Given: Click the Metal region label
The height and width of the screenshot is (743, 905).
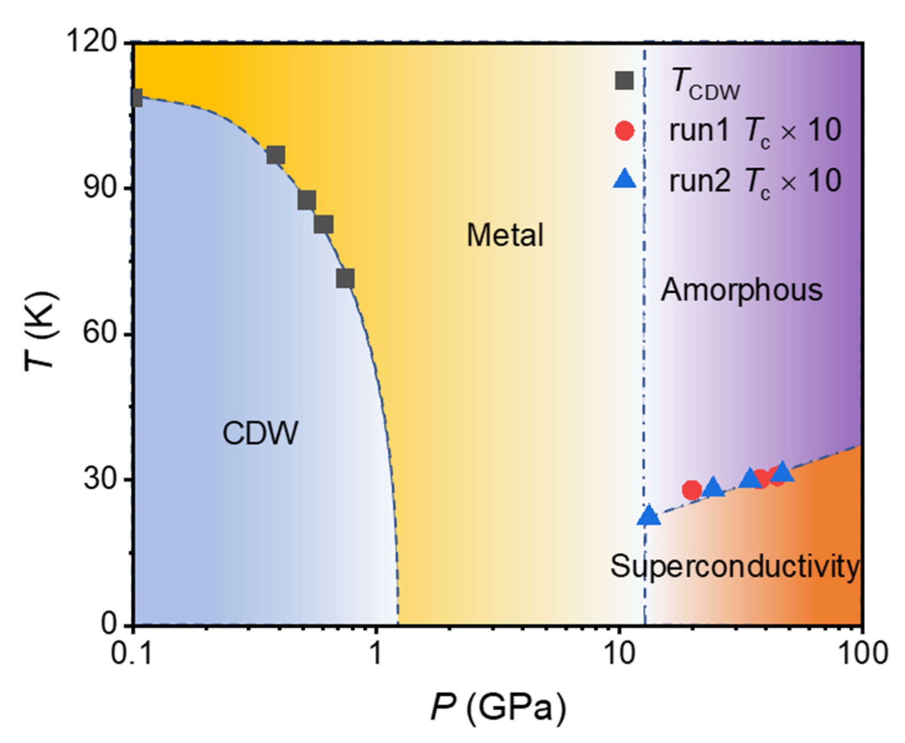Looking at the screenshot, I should (505, 235).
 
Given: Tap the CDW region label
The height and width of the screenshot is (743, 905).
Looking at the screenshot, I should (260, 433).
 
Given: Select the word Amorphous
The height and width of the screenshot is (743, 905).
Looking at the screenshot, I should (741, 290).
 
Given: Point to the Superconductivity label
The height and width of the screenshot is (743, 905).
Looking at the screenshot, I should (734, 566).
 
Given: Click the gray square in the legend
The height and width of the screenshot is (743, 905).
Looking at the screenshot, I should (624, 80).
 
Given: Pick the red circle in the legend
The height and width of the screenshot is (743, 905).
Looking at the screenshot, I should (624, 131).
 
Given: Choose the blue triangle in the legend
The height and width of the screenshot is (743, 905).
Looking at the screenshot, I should (624, 179).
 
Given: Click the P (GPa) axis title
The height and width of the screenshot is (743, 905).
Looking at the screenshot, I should (498, 707).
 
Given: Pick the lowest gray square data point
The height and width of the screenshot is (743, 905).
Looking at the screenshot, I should (345, 278).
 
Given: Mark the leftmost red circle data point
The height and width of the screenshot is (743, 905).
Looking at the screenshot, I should (692, 490).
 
